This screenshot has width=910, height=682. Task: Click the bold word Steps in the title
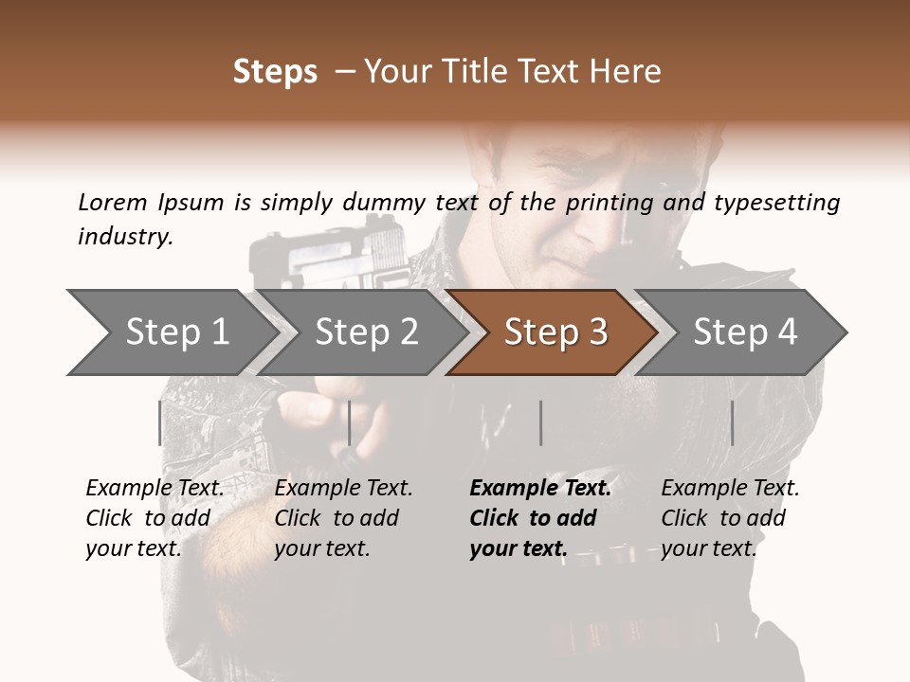point(275,72)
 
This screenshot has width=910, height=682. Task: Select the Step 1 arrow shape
point(171,332)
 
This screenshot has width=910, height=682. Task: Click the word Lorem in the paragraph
point(113,202)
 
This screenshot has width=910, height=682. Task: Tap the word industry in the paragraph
point(125,237)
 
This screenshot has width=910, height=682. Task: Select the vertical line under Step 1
point(159,422)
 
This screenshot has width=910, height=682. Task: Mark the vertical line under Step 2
point(350,422)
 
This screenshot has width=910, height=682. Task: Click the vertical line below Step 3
point(540,422)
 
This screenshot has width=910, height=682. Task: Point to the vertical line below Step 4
point(732,422)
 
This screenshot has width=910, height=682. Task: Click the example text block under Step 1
point(154,518)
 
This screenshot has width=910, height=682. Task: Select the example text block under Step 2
point(343,518)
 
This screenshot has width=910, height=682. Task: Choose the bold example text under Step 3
point(539,518)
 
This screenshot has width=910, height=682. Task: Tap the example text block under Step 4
point(730,518)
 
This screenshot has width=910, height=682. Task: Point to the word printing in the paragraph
point(605,203)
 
